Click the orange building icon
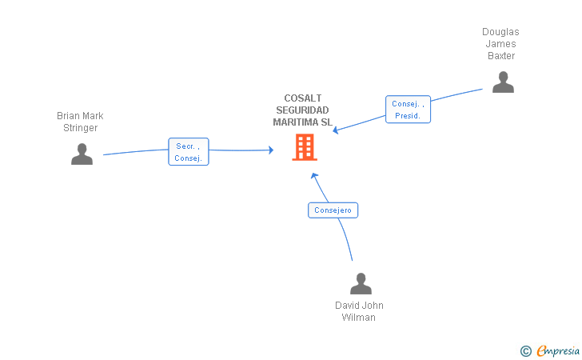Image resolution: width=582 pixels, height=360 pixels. pyautogui.click(x=305, y=147)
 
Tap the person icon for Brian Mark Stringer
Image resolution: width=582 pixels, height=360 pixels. pyautogui.click(x=82, y=154)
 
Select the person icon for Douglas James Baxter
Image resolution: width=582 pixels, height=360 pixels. pyautogui.click(x=503, y=82)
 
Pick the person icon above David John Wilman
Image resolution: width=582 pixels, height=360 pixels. pyautogui.click(x=361, y=283)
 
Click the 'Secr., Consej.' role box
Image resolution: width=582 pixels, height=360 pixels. pyautogui.click(x=189, y=151)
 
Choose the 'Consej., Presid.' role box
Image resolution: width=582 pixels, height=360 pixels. pyautogui.click(x=408, y=110)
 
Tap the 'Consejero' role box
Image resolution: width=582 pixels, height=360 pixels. pyautogui.click(x=333, y=210)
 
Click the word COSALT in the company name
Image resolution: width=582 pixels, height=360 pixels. pyautogui.click(x=302, y=98)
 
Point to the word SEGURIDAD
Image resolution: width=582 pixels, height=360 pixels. pyautogui.click(x=302, y=110)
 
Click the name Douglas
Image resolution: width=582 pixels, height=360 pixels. pyautogui.click(x=500, y=32)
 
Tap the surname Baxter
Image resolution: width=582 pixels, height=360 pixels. pyautogui.click(x=501, y=56)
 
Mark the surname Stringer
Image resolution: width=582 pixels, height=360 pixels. pyautogui.click(x=80, y=128)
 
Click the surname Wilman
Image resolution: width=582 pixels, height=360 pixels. pyautogui.click(x=358, y=318)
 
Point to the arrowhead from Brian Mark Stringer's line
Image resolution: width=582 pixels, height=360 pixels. pyautogui.click(x=271, y=150)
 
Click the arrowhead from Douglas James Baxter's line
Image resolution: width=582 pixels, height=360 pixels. pyautogui.click(x=336, y=130)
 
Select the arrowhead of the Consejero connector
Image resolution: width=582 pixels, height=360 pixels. pyautogui.click(x=314, y=176)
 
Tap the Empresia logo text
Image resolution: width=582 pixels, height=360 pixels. pyautogui.click(x=558, y=350)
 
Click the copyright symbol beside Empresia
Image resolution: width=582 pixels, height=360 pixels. pyautogui.click(x=526, y=351)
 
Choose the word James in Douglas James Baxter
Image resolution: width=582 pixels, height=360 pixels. pyautogui.click(x=500, y=44)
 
